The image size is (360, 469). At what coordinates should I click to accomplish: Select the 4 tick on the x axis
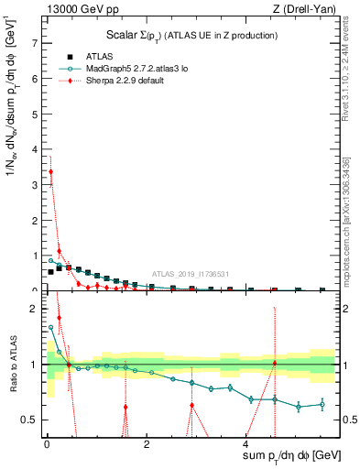click(245, 444)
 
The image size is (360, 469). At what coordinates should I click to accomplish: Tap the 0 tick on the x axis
click(47, 444)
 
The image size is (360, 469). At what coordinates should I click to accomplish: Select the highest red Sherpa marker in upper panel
click(51, 171)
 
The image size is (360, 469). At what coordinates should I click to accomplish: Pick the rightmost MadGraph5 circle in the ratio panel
click(322, 404)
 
